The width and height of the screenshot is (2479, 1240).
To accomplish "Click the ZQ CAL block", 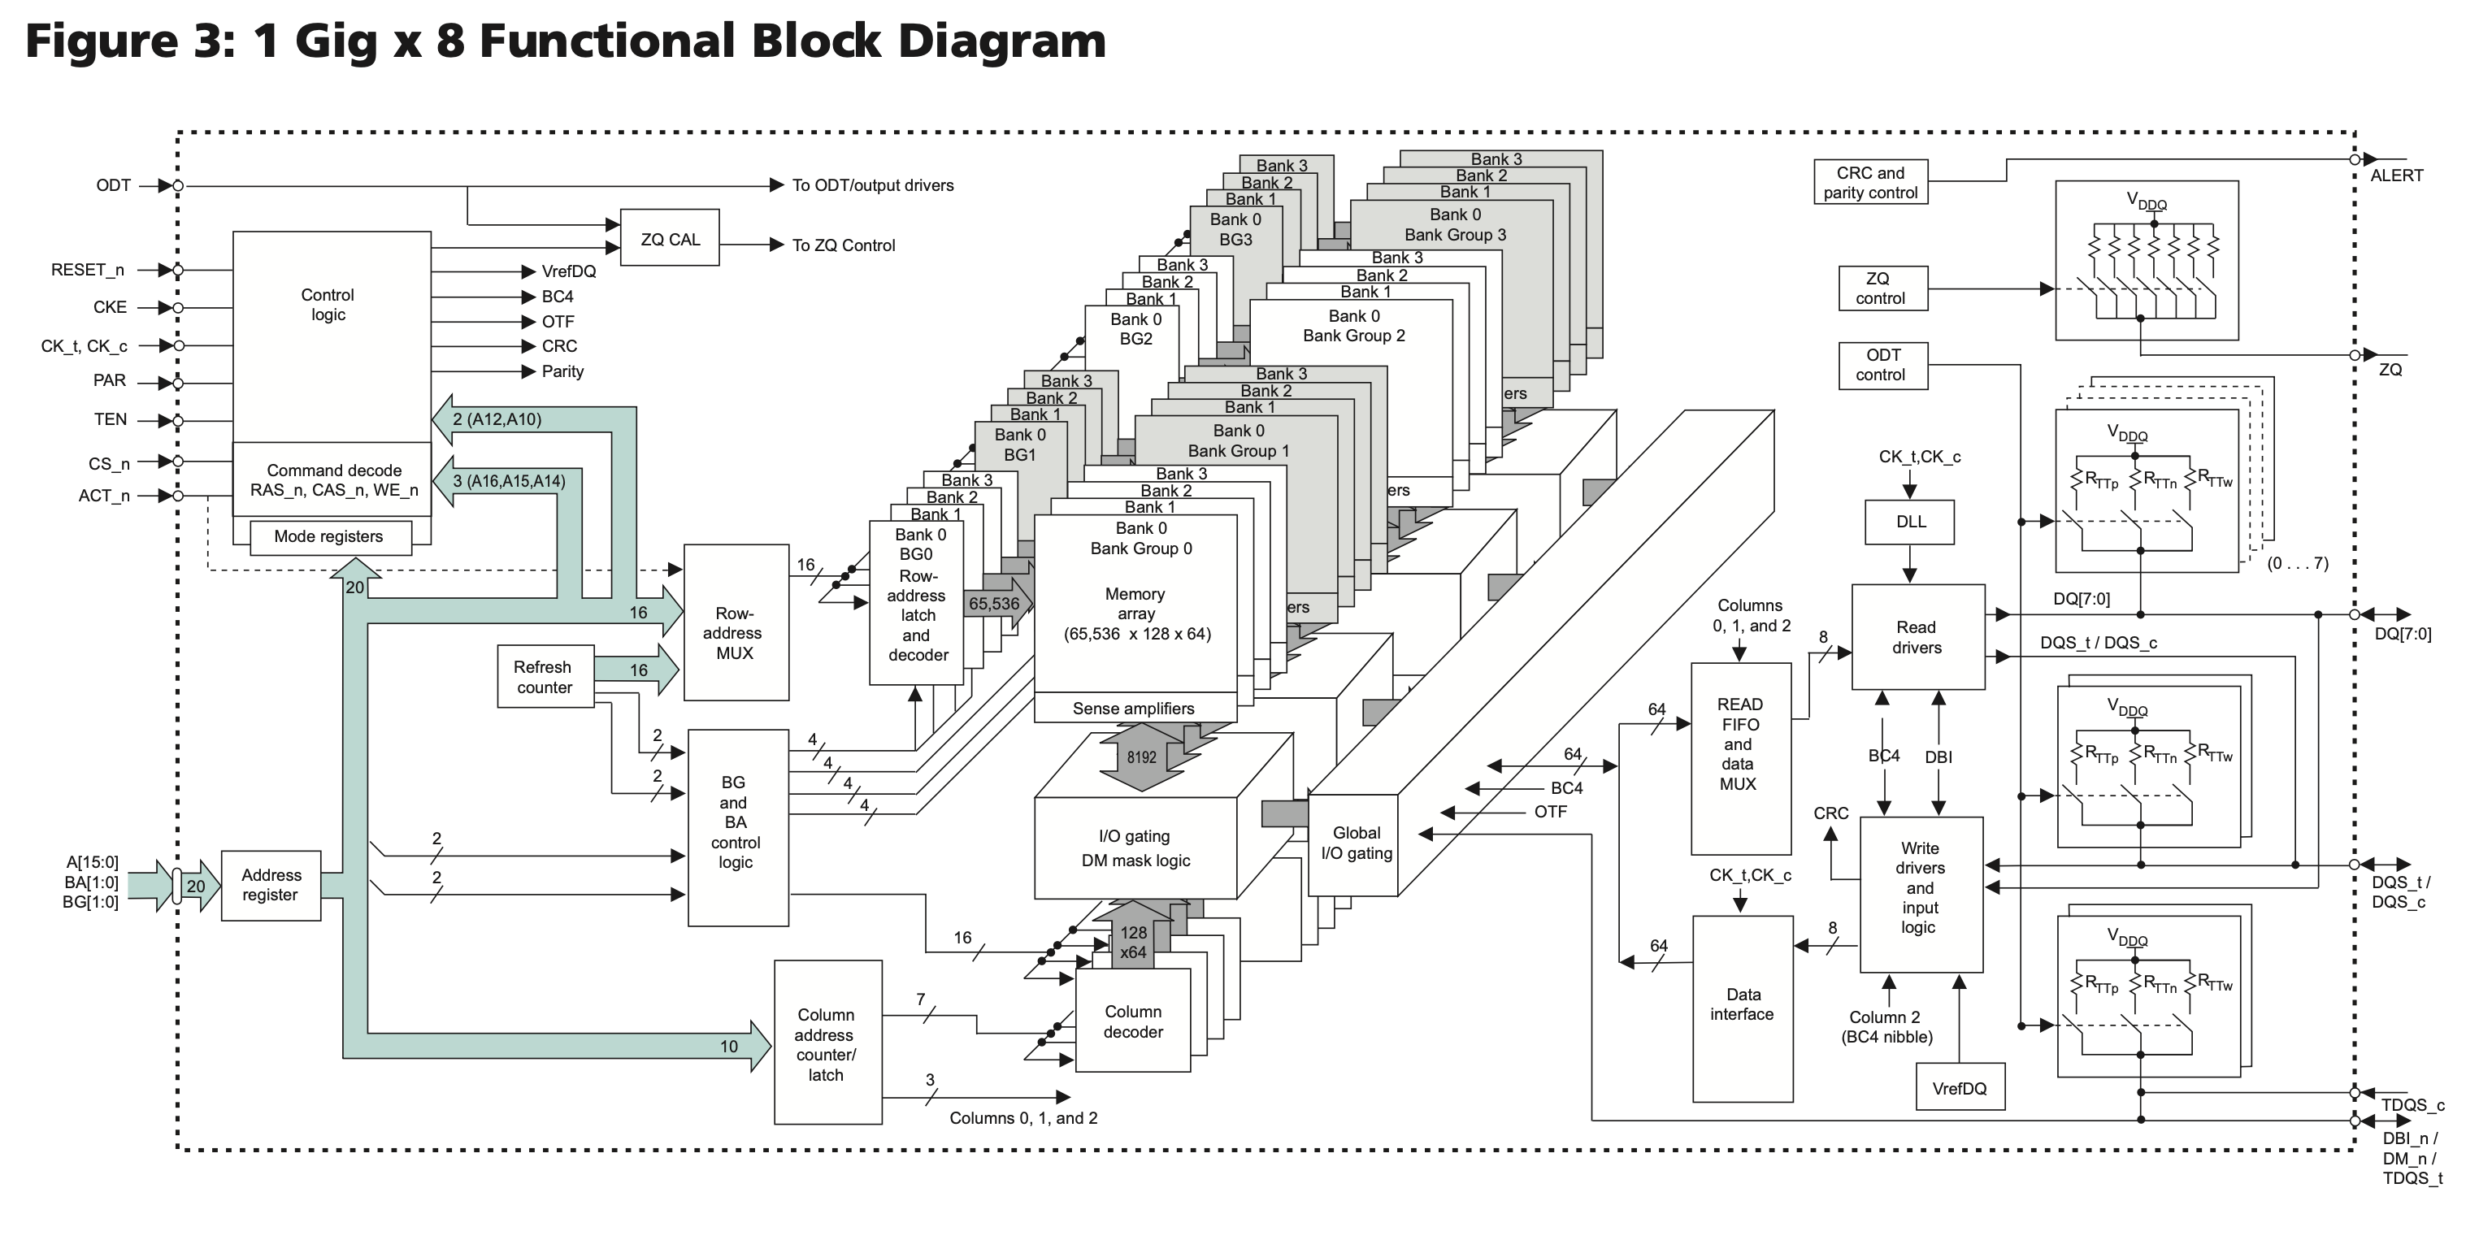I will [670, 239].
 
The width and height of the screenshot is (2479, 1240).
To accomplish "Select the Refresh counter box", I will [545, 677].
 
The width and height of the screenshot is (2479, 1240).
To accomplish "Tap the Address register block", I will [271, 885].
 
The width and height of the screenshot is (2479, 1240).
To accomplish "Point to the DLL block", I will [1910, 522].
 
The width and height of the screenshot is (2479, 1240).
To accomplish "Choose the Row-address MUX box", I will [736, 632].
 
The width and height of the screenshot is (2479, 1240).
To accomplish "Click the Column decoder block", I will [1133, 1021].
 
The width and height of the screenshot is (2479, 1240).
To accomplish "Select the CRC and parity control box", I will [1870, 183].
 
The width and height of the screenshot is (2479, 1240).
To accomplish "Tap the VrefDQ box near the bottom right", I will [1960, 1088].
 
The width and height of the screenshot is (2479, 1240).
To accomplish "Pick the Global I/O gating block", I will [1355, 843].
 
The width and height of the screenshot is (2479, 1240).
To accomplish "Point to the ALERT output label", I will [2396, 175].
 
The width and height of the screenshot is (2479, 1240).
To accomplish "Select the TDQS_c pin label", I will [2412, 1105].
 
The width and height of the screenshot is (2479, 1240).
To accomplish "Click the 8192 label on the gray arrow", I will [1141, 758].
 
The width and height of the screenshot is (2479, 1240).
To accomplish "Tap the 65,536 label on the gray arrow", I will [994, 604].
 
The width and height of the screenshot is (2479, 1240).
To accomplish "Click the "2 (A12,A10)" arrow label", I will [497, 419].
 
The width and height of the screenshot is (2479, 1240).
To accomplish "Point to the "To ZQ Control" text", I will [843, 246].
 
